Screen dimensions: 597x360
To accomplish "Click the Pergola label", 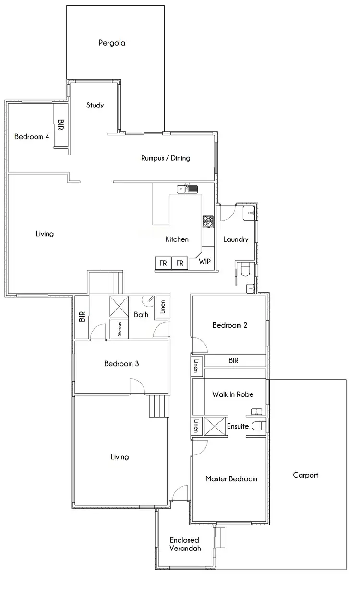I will pos(112,43).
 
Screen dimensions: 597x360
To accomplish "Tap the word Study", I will pos(95,106).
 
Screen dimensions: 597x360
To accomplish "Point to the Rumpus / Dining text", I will pos(166,158).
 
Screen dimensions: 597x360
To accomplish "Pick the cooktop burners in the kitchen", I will pos(208,221).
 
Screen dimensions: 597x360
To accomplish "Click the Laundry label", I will pos(236,239).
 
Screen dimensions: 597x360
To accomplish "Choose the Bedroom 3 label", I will pos(121,364).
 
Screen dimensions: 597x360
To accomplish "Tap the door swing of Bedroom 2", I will pos(200,345).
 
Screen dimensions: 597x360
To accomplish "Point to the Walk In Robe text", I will pos(233,394).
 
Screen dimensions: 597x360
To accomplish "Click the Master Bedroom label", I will pos(231,478).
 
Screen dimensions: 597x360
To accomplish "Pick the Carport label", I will pos(305,475).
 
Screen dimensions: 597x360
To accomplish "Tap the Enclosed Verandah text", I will pos(184,544).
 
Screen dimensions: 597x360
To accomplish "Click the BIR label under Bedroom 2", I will pos(233,360).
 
